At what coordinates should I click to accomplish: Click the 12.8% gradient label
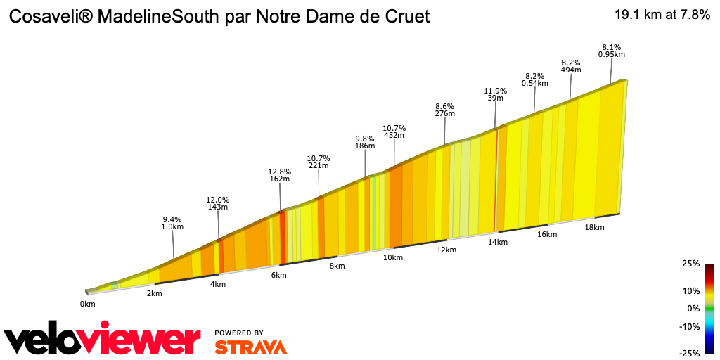280,171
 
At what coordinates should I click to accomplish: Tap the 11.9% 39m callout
495,94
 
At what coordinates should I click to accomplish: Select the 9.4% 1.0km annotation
173,223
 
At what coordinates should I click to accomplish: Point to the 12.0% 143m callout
218,203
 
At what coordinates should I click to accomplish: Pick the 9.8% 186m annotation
365,142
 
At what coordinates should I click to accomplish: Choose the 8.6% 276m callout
445,109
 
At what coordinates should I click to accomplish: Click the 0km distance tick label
87,304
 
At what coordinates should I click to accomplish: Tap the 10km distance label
392,258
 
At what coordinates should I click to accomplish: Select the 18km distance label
594,227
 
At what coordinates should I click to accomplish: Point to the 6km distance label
278,275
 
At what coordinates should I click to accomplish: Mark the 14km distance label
497,242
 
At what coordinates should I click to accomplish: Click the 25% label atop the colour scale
691,264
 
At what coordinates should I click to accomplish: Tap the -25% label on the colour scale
690,354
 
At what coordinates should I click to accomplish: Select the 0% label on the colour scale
693,309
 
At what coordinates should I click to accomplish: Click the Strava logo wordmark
250,347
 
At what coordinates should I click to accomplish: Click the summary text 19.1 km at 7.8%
662,15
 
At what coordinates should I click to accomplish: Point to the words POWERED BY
239,333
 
